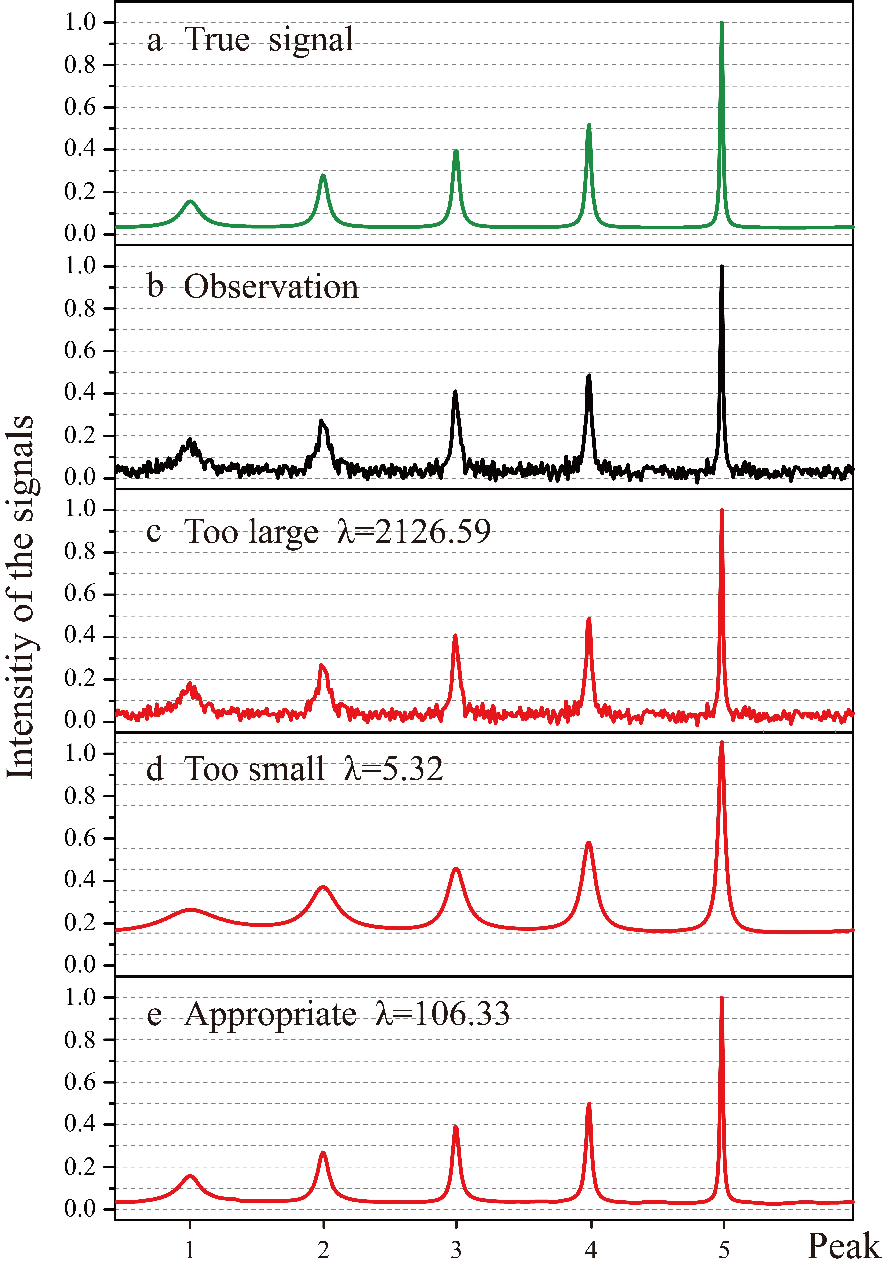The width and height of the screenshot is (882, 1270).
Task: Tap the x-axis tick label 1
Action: click(190, 1249)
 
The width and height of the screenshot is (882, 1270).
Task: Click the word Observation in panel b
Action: click(271, 287)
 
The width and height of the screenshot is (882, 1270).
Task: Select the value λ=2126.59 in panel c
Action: click(414, 532)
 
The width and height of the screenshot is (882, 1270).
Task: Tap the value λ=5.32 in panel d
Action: click(393, 769)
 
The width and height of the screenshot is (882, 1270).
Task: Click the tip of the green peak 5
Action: click(721, 23)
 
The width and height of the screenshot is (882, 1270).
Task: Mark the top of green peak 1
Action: click(190, 202)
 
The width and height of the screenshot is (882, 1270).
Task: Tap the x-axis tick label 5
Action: click(723, 1249)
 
